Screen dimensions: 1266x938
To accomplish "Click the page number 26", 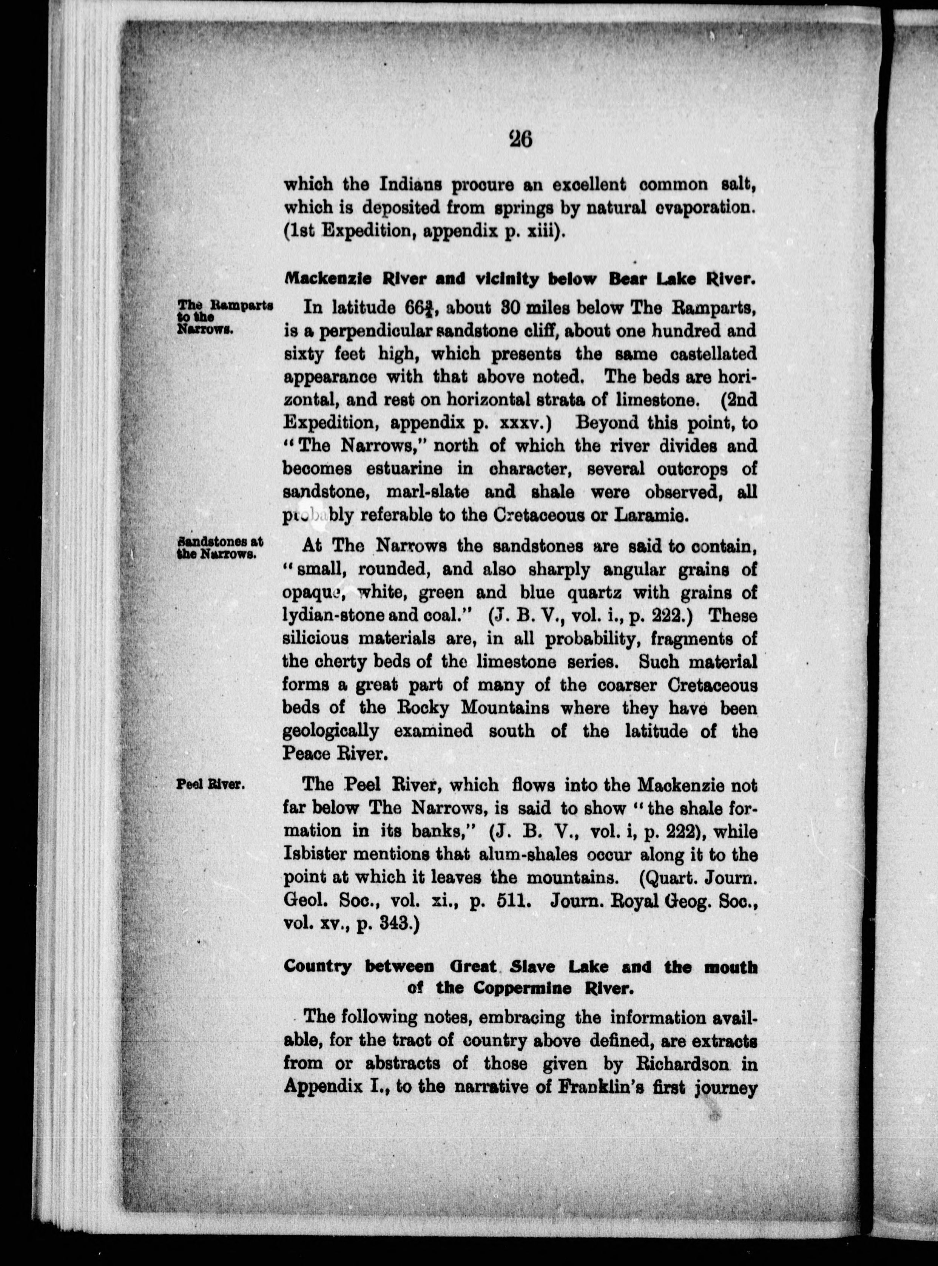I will point(521,139).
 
